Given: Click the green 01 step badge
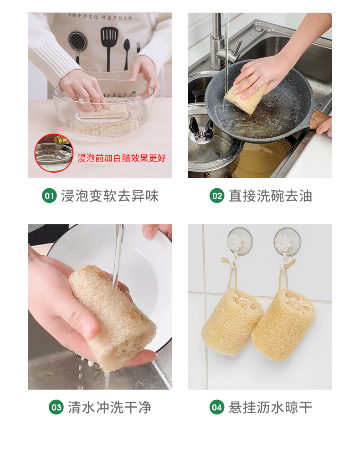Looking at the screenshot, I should point(49,196).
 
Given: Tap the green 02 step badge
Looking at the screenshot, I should point(216,196).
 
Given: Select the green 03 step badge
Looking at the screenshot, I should point(56,407).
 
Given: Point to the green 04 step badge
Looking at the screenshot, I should point(216,407).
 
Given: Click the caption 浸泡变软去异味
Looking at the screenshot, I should point(110,196).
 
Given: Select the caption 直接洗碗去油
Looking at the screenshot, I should point(270,196).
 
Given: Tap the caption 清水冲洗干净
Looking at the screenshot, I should point(109,407).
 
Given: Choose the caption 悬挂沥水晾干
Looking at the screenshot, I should point(270,407).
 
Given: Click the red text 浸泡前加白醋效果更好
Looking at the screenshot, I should point(122,158).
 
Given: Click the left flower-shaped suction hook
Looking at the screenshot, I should point(239,242).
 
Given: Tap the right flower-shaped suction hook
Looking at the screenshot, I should point(287,242).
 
